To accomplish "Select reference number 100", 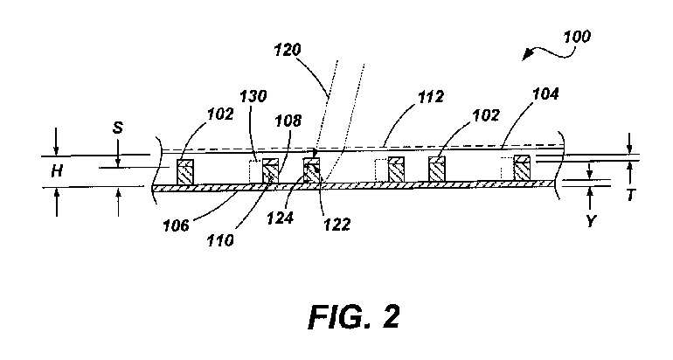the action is [x=577, y=37].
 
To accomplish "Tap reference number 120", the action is [x=288, y=50].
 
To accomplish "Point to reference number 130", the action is [x=253, y=96].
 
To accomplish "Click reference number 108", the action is [x=288, y=121].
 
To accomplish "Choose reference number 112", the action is [x=431, y=96].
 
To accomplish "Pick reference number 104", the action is [x=545, y=94].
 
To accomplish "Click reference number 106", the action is [x=176, y=225].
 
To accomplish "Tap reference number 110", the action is [x=220, y=240].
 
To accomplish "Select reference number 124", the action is [x=280, y=218].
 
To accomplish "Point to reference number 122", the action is [x=336, y=224].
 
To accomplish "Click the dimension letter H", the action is [x=57, y=171].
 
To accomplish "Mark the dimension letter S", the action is [x=118, y=128].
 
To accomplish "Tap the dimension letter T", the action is [x=630, y=195].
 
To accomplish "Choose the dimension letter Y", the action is [x=591, y=221].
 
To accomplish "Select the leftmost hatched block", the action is [x=185, y=171].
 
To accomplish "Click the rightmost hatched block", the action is [x=522, y=168].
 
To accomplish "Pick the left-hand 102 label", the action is [x=220, y=114].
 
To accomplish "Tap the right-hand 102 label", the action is [x=486, y=115].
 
